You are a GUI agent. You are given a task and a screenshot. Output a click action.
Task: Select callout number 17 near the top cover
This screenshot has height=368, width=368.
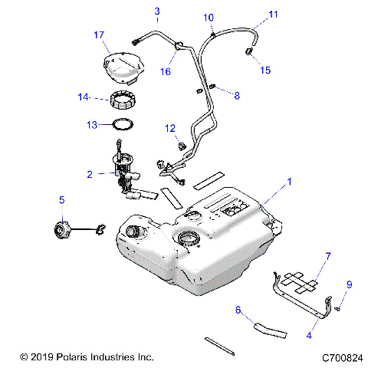(x=98, y=35)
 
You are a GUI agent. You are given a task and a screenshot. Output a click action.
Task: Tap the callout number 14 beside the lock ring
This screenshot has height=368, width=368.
(x=84, y=97)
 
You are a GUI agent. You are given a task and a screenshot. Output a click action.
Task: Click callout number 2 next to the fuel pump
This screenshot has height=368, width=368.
(x=90, y=175)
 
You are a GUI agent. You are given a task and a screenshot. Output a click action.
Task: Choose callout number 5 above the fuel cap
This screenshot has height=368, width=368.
(x=62, y=200)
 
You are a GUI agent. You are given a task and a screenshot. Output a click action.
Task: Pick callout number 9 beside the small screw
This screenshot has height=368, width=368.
(x=349, y=285)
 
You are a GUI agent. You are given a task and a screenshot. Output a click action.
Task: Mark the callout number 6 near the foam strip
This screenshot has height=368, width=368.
(x=238, y=310)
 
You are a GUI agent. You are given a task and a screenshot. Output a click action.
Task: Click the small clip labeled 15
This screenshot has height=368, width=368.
(x=248, y=53)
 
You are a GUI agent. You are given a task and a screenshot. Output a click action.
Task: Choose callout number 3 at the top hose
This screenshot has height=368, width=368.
(x=157, y=11)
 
